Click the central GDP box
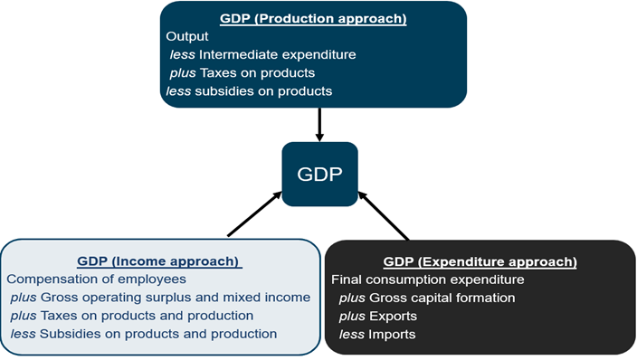pos(319,174)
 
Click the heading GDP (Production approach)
pos(313,19)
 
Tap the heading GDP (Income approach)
pos(159,261)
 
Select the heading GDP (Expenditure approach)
pos(480,261)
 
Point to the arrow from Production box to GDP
pos(319,124)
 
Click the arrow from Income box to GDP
pos(254,214)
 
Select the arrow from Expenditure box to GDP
pos(383,216)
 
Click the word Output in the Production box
pos(187,36)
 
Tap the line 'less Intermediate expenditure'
pos(262,55)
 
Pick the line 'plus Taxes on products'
pos(242,73)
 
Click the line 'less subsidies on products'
pos(249,91)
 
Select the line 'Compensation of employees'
pos(96,279)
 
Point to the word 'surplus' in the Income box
pos(168,298)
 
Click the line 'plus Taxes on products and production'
pos(132,316)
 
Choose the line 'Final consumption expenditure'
pos(428,280)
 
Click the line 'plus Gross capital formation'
pos(427,298)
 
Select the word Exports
pos(394,317)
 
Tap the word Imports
pos(392,335)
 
